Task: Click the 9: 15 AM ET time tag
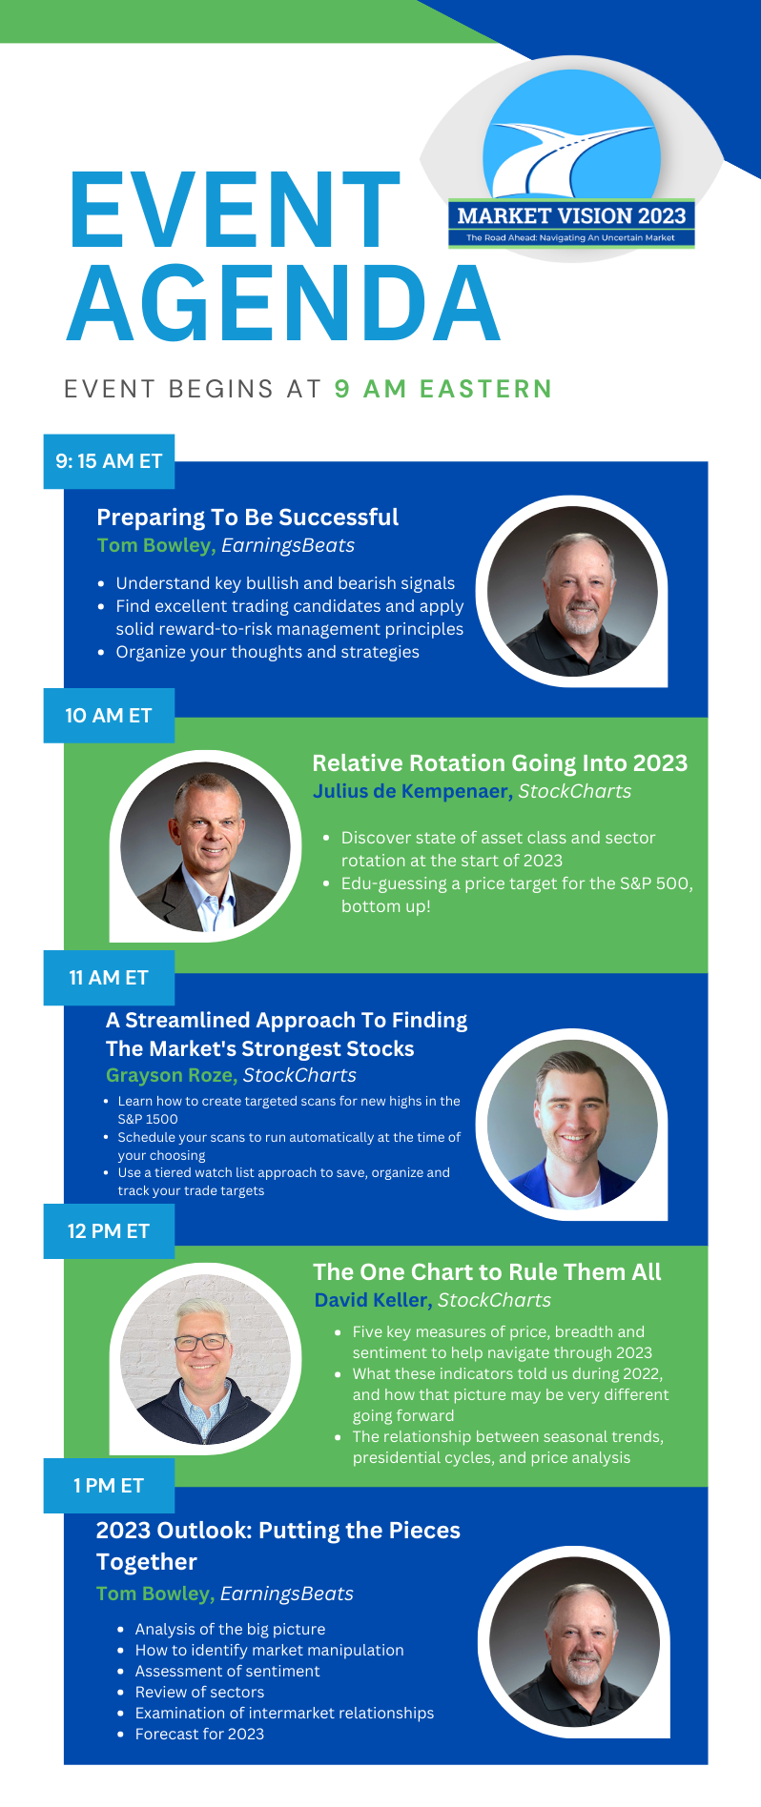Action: [109, 461]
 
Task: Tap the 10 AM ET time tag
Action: [109, 716]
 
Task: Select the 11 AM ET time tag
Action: [109, 977]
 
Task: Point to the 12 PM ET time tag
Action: [109, 1231]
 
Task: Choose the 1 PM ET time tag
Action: [109, 1485]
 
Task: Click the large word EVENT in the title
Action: [235, 210]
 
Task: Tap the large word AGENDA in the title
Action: [283, 302]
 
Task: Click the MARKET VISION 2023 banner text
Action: [571, 215]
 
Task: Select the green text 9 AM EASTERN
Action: [443, 389]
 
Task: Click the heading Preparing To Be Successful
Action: [248, 518]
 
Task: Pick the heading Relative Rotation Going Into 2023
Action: [500, 763]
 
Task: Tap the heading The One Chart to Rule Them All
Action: [486, 1272]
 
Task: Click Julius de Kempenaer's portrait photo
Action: [205, 846]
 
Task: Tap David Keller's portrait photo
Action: [205, 1359]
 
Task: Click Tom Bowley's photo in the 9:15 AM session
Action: [572, 591]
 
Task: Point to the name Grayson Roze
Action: [172, 1075]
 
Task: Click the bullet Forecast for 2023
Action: [199, 1734]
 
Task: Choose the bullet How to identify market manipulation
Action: [269, 1650]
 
